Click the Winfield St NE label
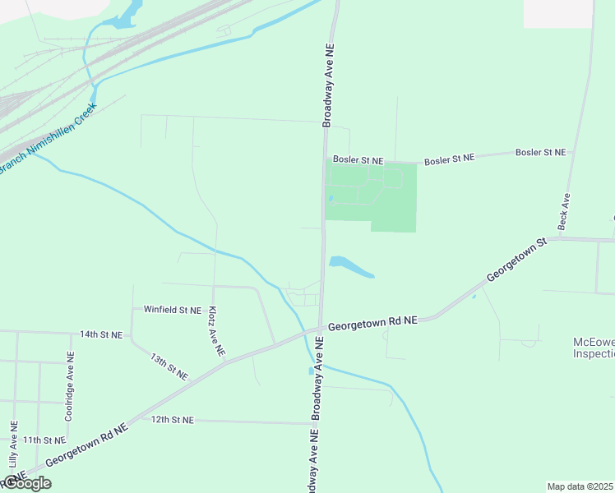tap(172, 310)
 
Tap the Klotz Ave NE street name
tap(216, 331)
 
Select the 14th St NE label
tap(100, 335)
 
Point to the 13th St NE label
tap(169, 366)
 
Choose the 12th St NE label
tap(172, 420)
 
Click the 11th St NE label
tap(44, 440)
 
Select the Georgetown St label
tap(516, 260)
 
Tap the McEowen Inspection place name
tap(593, 348)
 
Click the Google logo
tap(26, 483)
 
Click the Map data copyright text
tap(580, 486)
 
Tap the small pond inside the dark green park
tap(331, 198)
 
